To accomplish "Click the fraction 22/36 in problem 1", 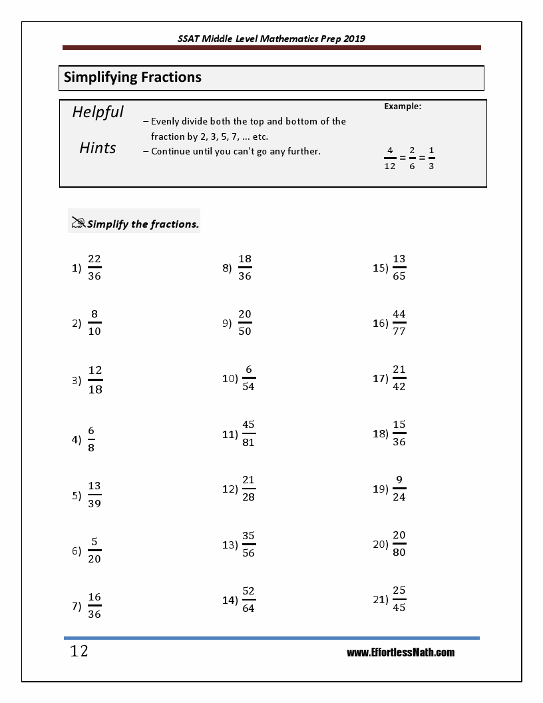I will point(94,268).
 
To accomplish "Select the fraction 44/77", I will point(399,323).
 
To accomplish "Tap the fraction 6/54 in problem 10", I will point(248,378).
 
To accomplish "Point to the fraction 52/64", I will point(248,600).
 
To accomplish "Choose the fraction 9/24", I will point(399,489).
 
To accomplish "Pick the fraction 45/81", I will point(248,433).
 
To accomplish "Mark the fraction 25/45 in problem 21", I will point(399,599).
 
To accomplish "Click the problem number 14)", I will point(230,600).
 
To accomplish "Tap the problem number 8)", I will point(227,268).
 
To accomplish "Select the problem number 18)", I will point(380,434).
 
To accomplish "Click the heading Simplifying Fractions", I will point(132,77).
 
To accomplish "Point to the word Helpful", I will point(98,112).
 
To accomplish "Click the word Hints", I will point(98,148).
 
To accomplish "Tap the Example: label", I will point(403,106).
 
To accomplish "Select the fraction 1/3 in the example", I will point(431,158).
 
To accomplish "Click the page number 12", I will point(79,651).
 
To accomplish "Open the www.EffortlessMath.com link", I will point(401,652).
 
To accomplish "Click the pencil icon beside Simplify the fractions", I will point(78,223).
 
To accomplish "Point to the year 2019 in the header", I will point(353,39).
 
